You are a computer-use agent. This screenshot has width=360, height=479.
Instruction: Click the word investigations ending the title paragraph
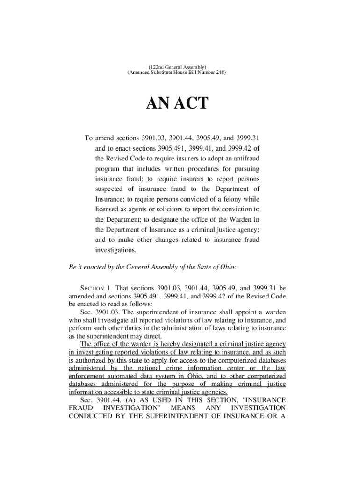pos(116,250)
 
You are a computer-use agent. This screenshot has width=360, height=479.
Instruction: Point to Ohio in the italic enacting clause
pos(227,267)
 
